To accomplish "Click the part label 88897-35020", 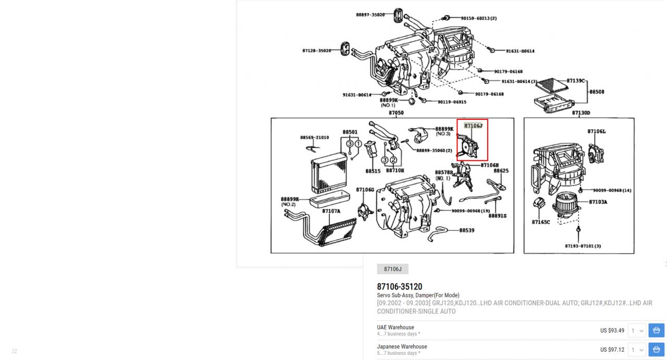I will pos(370,15).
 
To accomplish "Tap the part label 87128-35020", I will pos(316,51).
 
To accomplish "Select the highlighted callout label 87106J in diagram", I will pos(473,126).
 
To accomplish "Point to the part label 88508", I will pos(597,92).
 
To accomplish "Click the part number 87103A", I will pos(598,202).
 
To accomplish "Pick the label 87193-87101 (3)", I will pos(583,246).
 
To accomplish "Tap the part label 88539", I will pos(466,230).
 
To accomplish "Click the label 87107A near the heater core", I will pos(331,211).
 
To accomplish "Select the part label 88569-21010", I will pos(314,138).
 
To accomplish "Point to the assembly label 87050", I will pos(396,113).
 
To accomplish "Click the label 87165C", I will pos(541,222).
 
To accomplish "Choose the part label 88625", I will pos(501,171).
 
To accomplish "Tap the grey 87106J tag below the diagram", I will pos(392,269).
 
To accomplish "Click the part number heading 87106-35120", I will pos(400,287).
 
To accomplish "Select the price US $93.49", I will pos(612,330).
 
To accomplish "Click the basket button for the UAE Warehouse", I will pos(656,330).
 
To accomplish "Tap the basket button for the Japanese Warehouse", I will pos(656,350).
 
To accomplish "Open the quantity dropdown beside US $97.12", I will pos(637,350).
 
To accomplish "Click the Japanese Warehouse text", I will pos(402,346).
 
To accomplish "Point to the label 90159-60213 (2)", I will pos(478,18).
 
